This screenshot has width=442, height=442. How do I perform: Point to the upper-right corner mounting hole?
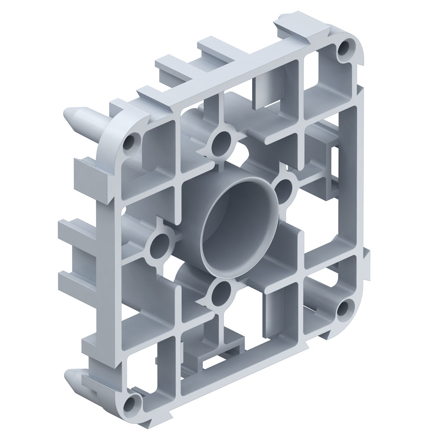344,48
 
